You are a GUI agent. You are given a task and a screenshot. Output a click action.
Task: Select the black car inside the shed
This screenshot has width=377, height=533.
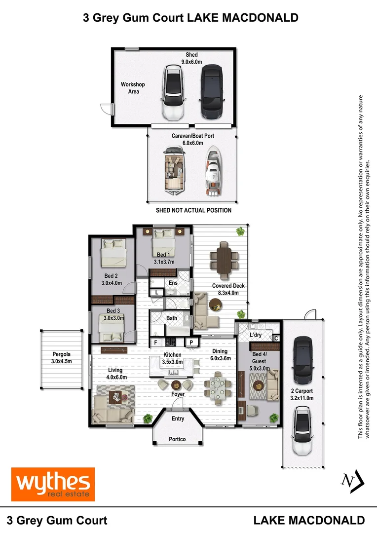pos(212,92)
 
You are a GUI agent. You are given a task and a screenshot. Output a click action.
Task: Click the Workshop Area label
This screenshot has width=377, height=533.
pos(133,88)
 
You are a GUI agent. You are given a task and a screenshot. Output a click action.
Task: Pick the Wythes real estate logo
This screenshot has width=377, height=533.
pos(53,485)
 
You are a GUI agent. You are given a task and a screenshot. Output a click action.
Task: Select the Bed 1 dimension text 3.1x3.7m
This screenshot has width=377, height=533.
pos(164,262)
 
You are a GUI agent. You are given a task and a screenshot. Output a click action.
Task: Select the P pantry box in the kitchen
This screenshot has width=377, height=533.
pos(191,343)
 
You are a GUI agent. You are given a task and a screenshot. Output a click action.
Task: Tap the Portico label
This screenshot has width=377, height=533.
pos(177,439)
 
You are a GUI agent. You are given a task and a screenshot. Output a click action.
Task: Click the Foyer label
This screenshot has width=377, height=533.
pos(178,394)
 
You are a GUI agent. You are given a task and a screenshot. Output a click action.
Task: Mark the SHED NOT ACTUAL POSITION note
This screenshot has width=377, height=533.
pos(193,210)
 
